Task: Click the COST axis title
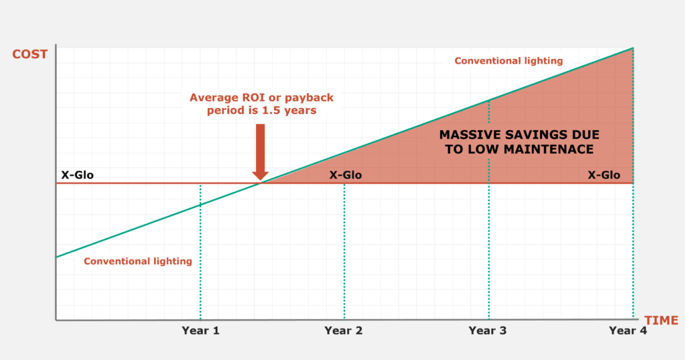tap(31, 54)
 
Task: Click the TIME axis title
tap(661, 320)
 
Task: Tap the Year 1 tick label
tap(201, 331)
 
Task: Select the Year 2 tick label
tap(344, 331)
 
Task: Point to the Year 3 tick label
tap(488, 331)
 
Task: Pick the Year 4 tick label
tap(628, 331)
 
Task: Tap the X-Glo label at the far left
tap(78, 176)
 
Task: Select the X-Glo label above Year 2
tap(346, 176)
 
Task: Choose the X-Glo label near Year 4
tap(604, 176)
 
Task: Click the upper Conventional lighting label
tap(508, 61)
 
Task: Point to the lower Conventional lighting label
tap(138, 261)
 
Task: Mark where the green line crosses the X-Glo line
tap(261, 182)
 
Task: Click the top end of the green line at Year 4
tap(633, 48)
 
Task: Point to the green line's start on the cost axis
tap(57, 257)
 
